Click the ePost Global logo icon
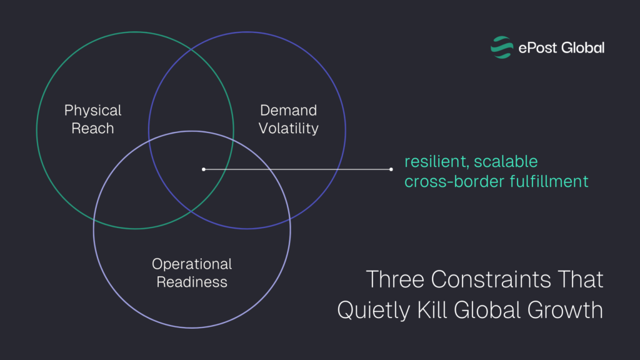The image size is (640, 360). (x=501, y=47)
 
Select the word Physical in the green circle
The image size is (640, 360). (x=92, y=111)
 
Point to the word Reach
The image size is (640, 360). (x=92, y=129)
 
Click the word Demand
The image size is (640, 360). (x=289, y=111)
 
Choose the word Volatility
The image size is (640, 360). (x=289, y=129)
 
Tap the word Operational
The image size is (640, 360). (x=192, y=264)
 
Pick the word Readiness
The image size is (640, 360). (x=192, y=282)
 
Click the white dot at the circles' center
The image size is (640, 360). (x=204, y=169)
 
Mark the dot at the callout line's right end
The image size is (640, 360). (x=391, y=169)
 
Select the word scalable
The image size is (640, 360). (x=506, y=162)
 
